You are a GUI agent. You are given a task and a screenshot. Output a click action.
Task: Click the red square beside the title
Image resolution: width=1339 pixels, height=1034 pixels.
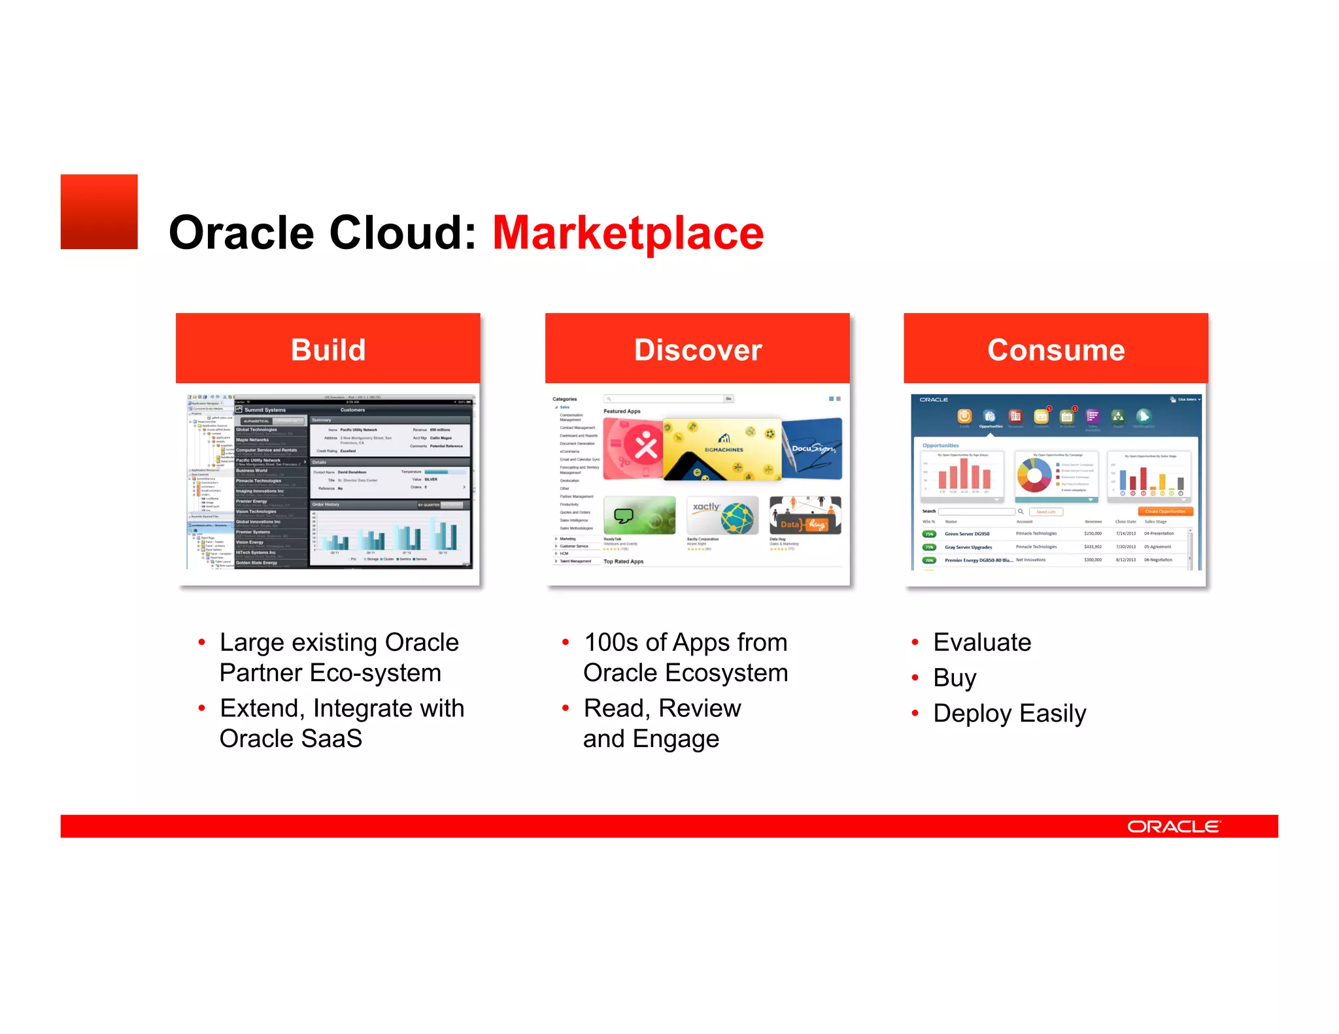point(99,211)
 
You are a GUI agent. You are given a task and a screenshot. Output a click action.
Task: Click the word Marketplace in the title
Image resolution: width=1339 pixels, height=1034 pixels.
point(628,233)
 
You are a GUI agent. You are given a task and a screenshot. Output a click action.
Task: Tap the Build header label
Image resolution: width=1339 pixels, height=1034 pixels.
point(328,350)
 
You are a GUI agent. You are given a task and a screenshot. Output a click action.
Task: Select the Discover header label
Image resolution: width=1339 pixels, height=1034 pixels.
point(698,350)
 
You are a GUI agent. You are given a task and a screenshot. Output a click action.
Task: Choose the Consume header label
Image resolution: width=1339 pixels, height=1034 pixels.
point(1055,350)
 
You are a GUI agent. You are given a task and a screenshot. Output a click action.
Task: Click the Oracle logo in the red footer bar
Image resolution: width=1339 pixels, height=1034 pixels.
point(1173,827)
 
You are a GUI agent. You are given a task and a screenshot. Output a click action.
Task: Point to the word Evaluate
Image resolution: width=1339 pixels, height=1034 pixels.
point(981,642)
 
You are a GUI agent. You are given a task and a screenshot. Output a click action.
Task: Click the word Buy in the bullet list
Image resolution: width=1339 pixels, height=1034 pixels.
point(955,678)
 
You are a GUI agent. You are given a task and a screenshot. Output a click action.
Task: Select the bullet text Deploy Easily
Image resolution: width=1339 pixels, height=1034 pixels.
point(1009,713)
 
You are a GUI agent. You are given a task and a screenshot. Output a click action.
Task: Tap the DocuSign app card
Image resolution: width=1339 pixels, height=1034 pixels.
point(813,448)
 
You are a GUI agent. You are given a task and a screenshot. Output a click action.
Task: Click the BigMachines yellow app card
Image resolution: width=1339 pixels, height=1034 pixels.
point(722,449)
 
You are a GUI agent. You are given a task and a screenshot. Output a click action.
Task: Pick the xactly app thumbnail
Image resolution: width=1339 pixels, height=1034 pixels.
point(722,515)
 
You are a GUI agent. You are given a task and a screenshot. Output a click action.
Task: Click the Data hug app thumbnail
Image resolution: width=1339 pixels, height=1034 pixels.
point(805,515)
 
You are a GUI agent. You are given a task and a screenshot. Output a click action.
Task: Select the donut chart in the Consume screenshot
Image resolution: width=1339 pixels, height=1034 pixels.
point(1034,475)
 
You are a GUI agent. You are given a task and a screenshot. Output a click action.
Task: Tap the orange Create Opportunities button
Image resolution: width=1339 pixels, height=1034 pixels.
point(1165,512)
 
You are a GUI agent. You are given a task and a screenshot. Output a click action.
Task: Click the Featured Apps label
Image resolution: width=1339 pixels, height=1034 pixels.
point(622,412)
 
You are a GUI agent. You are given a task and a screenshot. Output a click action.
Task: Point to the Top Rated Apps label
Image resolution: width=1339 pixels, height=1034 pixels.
point(623,561)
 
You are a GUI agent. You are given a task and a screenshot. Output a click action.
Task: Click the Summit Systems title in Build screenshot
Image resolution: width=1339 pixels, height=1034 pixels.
point(265,410)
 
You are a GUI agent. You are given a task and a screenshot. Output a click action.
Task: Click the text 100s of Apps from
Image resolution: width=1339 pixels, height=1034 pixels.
point(685,642)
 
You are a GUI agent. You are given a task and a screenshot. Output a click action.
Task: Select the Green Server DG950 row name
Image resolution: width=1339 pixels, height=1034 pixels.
point(966,534)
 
